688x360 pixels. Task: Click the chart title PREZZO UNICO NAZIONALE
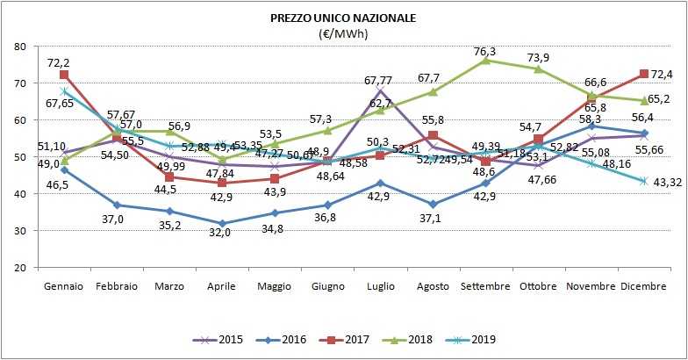click(x=344, y=18)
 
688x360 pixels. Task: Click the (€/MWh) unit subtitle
click(x=344, y=33)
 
